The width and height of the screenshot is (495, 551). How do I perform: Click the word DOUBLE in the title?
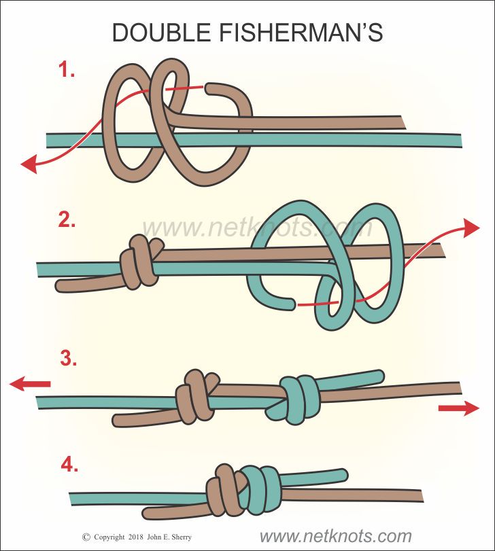161,33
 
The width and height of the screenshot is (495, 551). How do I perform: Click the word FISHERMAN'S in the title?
301,33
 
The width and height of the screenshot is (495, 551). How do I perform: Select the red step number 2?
67,219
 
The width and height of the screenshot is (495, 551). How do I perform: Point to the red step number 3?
68,359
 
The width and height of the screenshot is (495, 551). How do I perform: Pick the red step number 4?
69,465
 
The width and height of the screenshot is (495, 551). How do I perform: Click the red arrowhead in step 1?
29,164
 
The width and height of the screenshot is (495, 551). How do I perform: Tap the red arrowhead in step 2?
471,228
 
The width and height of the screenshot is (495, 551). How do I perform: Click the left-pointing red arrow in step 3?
30,383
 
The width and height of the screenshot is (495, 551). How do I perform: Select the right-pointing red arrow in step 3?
459,408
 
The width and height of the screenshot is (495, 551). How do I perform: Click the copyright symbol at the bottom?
86,537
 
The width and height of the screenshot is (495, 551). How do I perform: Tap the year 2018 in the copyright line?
136,537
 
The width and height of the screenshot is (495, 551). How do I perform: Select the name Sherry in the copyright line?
180,537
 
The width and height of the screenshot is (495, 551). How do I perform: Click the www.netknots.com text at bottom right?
335,536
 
